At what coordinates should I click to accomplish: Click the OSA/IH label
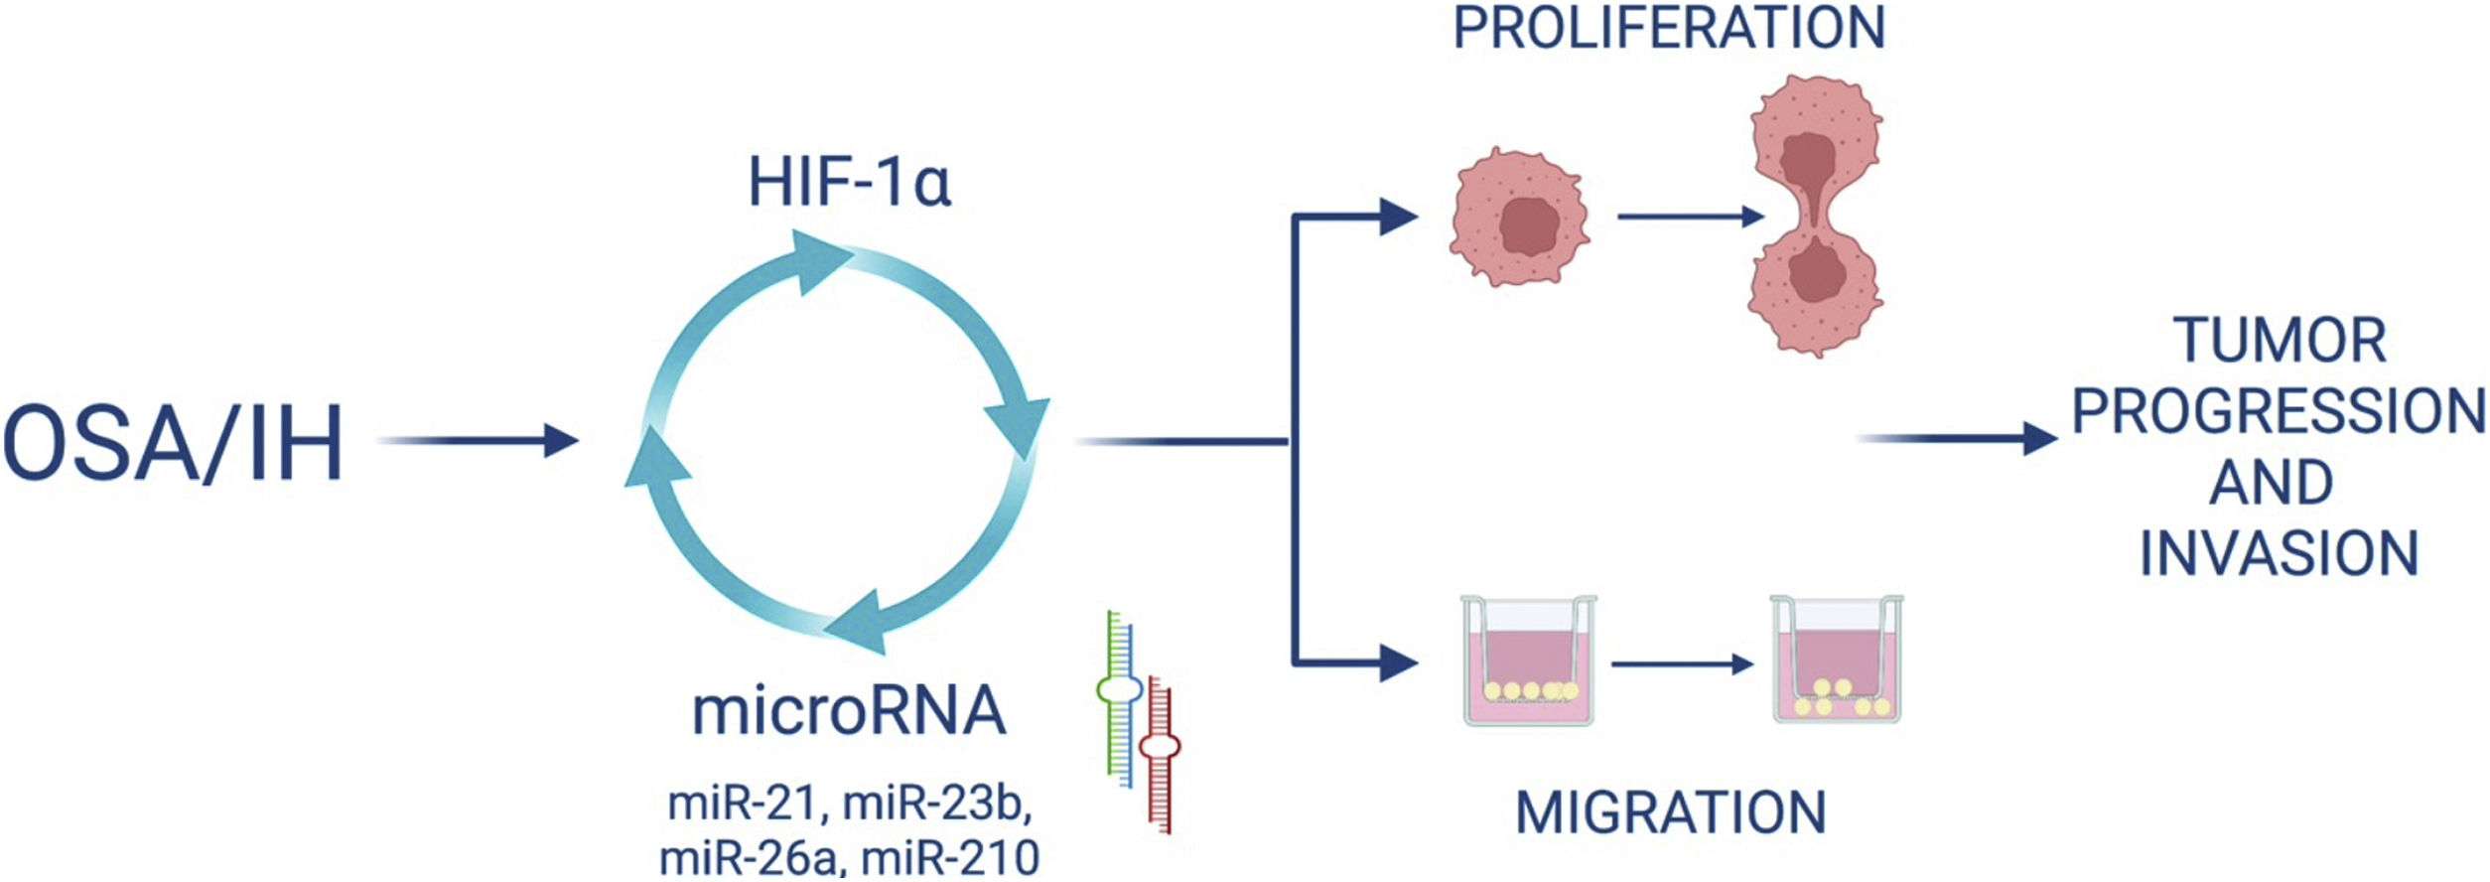174,443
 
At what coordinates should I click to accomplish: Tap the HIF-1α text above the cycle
850,183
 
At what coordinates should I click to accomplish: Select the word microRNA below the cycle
849,711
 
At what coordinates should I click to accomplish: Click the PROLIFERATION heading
1669,28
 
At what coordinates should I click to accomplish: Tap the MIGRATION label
1671,812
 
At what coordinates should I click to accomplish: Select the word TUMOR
2280,341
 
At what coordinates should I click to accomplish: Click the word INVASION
2279,553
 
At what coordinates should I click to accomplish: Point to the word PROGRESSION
2279,411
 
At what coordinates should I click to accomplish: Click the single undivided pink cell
1519,219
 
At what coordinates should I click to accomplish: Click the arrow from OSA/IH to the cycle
478,439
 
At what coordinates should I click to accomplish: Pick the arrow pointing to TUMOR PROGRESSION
1956,438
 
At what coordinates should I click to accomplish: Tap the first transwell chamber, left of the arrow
1528,660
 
